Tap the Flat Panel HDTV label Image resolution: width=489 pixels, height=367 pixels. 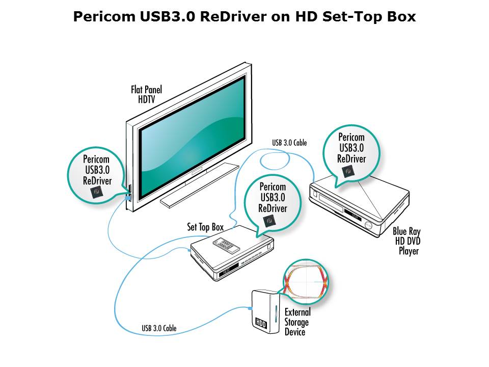146,95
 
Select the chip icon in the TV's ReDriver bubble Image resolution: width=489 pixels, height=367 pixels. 97,192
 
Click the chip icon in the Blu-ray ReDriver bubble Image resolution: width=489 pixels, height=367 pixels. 348,171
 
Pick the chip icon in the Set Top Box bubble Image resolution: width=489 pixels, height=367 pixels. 269,221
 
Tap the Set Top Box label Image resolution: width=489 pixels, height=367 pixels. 205,227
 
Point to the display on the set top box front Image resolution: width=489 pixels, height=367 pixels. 228,270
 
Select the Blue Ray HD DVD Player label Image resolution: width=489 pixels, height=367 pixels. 407,241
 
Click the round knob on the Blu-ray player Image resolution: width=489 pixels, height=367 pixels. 368,226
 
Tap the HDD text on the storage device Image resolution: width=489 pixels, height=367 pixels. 261,323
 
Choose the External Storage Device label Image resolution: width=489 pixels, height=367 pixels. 297,322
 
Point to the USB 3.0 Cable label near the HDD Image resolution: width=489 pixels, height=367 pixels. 159,328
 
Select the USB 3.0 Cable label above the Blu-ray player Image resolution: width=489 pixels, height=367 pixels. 289,143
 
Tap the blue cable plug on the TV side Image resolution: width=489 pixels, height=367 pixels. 127,197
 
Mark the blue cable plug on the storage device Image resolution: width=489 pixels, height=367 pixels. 250,308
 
